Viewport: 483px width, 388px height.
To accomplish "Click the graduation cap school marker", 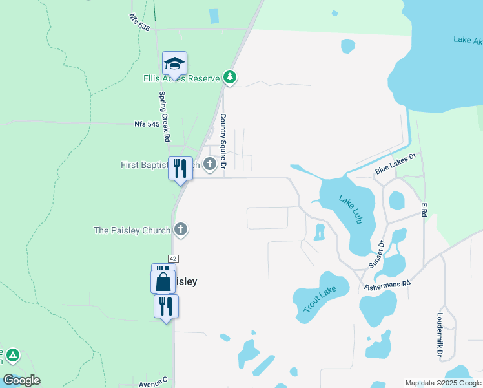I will (174, 64).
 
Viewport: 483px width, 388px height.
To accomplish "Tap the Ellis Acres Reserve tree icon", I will (230, 78).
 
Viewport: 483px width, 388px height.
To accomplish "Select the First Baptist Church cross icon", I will (210, 165).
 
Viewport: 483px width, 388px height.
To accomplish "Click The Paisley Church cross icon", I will (181, 230).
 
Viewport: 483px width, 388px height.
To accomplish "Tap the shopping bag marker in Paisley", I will (163, 282).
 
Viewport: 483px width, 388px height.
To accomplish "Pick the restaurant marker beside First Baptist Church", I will (180, 169).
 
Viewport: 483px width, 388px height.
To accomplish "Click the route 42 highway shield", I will (173, 258).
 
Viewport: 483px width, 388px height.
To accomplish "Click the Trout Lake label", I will (317, 299).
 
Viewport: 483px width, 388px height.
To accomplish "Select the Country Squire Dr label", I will (223, 142).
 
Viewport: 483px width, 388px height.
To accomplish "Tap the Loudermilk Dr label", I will (439, 336).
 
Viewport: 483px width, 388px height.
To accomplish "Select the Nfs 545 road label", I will (147, 124).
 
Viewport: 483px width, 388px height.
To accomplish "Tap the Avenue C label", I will (153, 383).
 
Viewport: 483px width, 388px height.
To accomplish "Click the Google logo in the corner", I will (21, 380).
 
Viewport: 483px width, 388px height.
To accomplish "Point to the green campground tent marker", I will (13, 356).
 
